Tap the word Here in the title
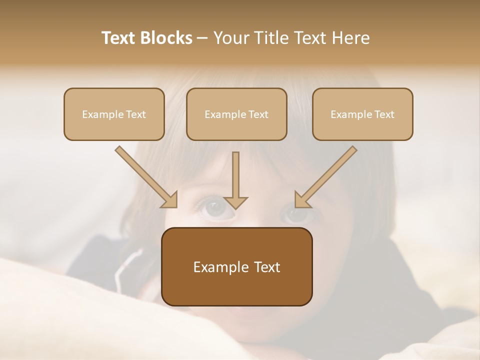tap(350, 38)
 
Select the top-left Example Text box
tap(114, 114)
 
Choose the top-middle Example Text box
tap(236, 114)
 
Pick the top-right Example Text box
tap(362, 114)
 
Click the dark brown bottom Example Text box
tap(236, 266)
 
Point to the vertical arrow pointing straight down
tap(235, 177)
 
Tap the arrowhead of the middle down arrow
tap(235, 201)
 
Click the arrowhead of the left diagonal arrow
tap(170, 200)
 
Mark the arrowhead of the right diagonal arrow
tap(302, 200)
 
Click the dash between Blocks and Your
tap(202, 38)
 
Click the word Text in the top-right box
tap(384, 114)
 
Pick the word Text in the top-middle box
tap(258, 114)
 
